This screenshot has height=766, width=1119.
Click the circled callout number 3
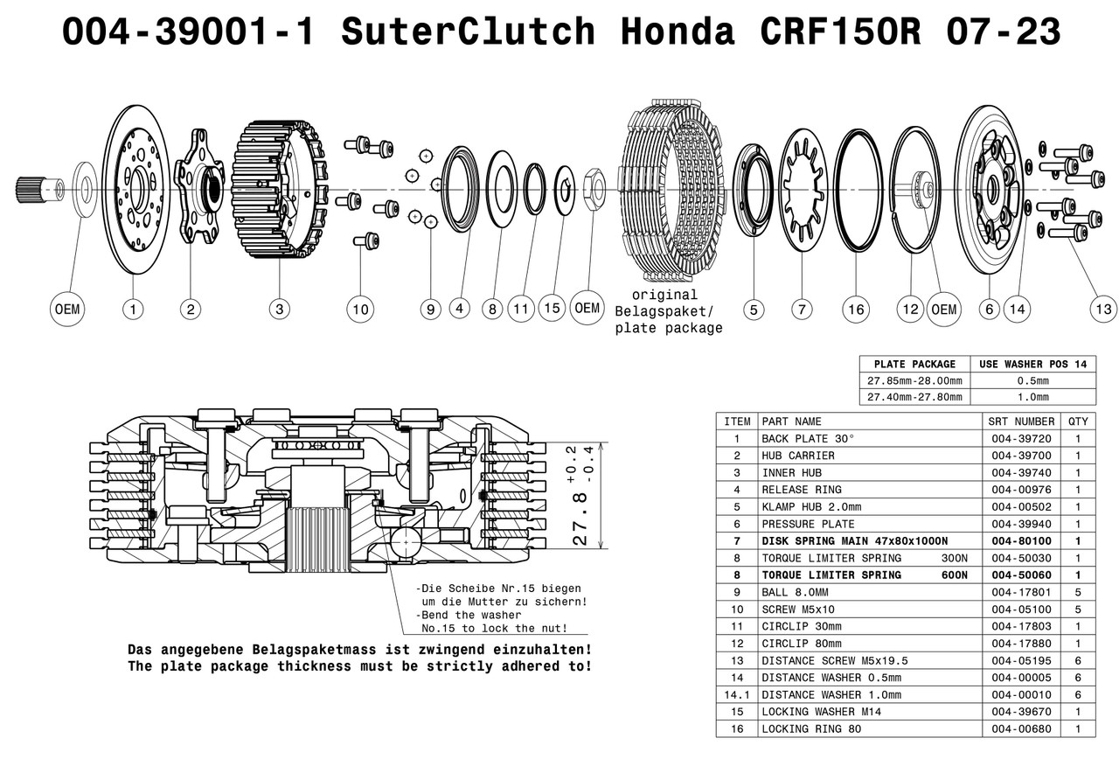pos(279,309)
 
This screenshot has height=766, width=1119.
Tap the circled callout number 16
pos(856,309)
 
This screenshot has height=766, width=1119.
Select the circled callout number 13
pos(1103,309)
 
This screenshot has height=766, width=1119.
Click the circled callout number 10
pos(359,309)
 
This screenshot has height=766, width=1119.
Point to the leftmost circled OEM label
pos(66,309)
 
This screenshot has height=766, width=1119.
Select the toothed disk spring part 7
pos(802,188)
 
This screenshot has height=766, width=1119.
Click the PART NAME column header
pos(792,421)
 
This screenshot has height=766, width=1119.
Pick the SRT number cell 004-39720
pos(1019,438)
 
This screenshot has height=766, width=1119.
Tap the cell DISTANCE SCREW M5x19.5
pos(822,660)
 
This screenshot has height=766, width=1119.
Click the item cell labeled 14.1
pos(737,694)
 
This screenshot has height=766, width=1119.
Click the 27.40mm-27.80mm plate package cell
pos(914,397)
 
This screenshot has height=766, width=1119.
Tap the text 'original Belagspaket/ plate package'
pos(668,311)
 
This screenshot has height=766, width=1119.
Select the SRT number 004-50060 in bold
pos(1019,574)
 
